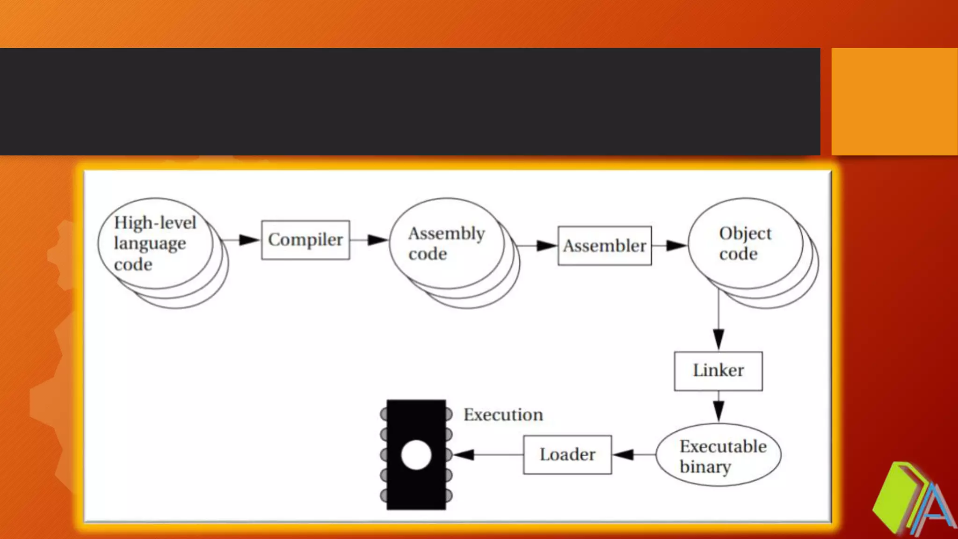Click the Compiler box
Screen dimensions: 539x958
click(305, 240)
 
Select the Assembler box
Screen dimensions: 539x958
click(604, 246)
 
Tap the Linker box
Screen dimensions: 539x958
click(718, 371)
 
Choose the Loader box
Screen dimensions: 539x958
click(567, 454)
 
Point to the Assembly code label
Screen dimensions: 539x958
click(446, 243)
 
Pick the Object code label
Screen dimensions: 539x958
click(744, 243)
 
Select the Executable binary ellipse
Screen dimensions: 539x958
click(718, 455)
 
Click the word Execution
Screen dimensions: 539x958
click(503, 415)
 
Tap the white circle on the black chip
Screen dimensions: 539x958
click(416, 455)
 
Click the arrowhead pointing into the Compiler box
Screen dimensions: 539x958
click(249, 240)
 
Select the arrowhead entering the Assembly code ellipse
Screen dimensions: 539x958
click(377, 240)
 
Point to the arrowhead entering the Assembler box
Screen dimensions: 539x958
click(546, 246)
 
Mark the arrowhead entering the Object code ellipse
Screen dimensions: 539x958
click(676, 246)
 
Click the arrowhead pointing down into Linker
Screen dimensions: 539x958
click(718, 338)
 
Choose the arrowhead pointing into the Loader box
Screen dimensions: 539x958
click(624, 454)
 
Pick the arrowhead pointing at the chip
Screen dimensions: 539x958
click(464, 454)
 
